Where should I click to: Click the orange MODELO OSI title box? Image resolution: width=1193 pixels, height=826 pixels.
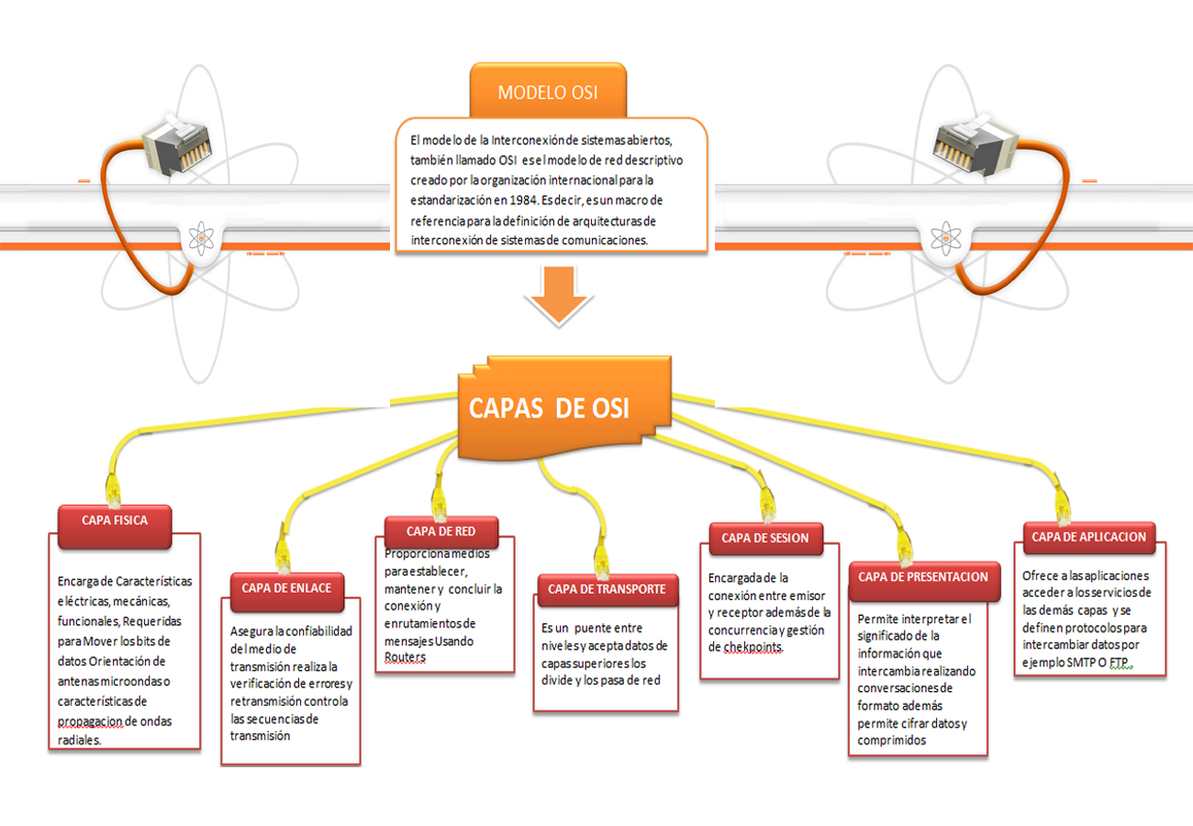549,92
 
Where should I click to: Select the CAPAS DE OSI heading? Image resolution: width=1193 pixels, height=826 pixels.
551,408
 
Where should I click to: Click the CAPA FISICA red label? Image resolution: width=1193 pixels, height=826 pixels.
115,519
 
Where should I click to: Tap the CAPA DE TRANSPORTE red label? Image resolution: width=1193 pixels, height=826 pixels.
607,589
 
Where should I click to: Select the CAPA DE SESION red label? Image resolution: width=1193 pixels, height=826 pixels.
765,538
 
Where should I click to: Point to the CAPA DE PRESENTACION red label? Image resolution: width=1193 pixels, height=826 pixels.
923,576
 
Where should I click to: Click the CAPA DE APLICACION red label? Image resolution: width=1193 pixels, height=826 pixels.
1089,537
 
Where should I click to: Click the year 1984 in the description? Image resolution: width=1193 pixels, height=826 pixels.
519,199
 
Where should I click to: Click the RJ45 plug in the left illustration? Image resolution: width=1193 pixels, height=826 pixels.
173,143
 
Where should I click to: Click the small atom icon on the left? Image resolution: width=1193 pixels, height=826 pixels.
199,240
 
